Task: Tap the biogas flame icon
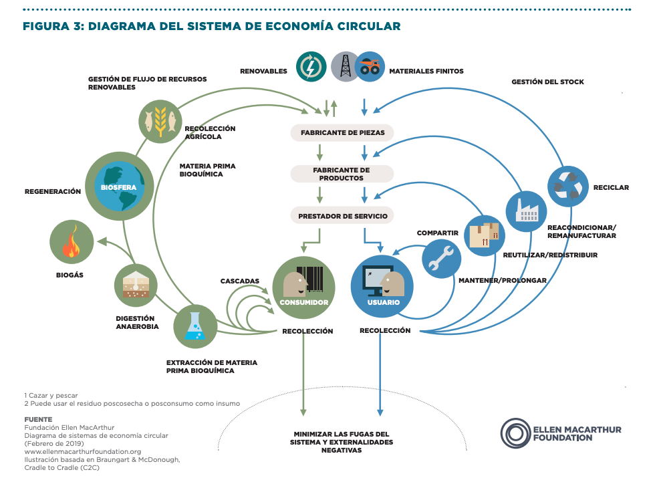click(72, 243)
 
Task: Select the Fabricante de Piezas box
click(342, 132)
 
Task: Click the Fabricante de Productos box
click(342, 174)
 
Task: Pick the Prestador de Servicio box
click(342, 215)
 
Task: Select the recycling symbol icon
click(567, 187)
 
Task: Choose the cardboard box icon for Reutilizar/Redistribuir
click(485, 236)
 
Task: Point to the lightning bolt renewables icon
click(311, 68)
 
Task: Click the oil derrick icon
click(345, 67)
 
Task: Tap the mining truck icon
click(370, 67)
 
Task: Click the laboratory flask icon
click(195, 326)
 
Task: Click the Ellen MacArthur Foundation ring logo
click(515, 433)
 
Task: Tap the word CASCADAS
click(240, 281)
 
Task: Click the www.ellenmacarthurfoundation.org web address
click(82, 451)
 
